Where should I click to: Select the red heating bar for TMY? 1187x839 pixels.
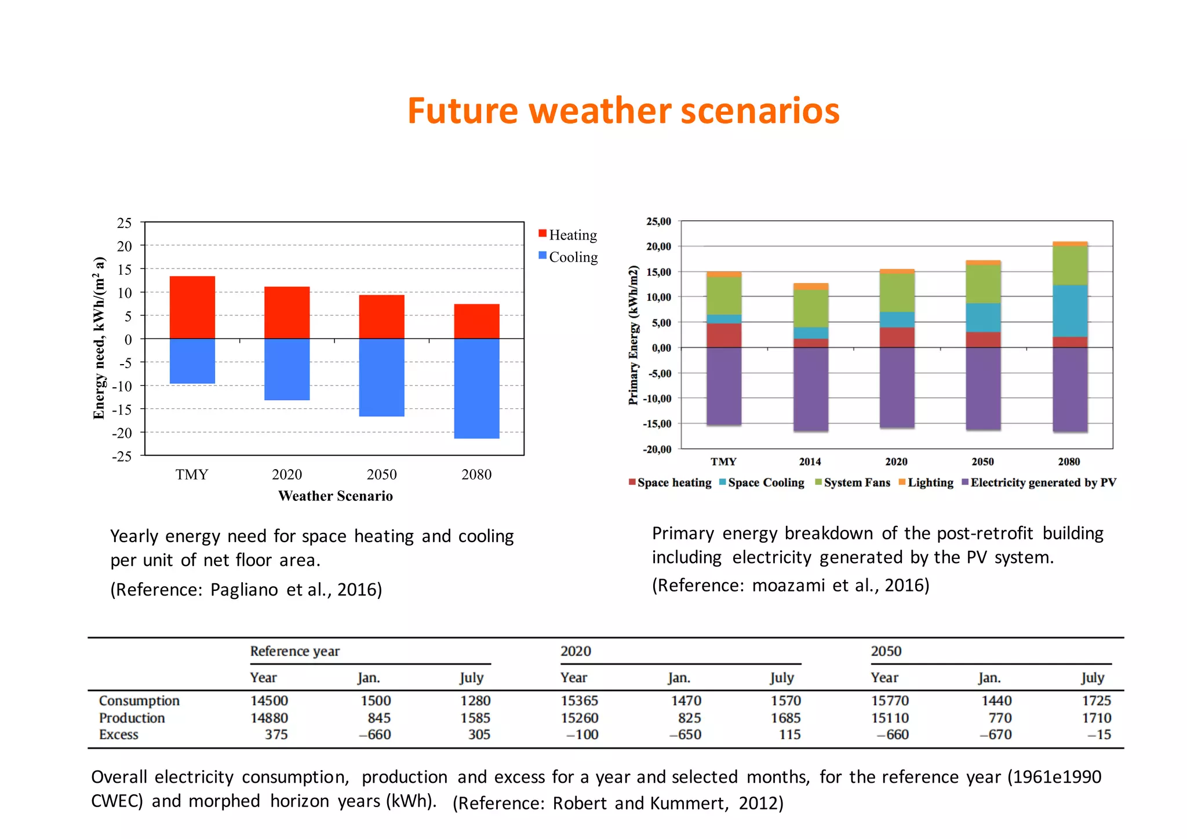[x=192, y=307]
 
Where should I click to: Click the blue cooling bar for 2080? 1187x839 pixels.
[x=476, y=388]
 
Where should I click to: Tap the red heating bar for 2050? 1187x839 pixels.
[x=381, y=317]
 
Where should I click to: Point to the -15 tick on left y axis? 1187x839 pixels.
[x=122, y=409]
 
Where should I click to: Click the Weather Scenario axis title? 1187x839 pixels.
[x=335, y=496]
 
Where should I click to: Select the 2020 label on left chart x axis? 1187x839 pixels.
[x=286, y=474]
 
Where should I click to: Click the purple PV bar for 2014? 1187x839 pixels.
[x=810, y=388]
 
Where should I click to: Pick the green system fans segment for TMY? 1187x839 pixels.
[x=723, y=296]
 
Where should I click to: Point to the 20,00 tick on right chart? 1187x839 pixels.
[x=658, y=246]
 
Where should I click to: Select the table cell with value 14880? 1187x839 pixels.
[x=269, y=718]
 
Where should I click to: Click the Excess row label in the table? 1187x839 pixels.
[x=119, y=735]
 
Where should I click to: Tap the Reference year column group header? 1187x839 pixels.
[x=294, y=651]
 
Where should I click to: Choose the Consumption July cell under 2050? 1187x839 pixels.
[x=1096, y=700]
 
